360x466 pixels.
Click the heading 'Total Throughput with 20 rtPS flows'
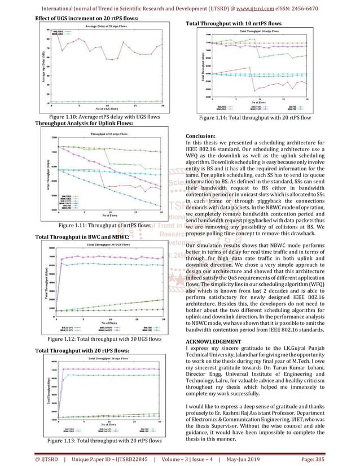coord(82,351)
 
